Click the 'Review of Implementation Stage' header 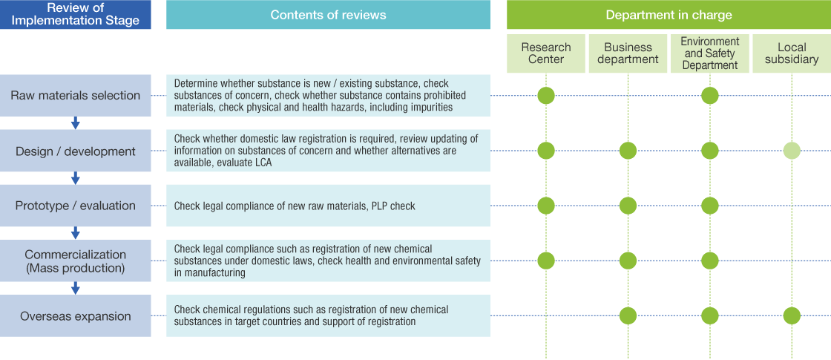point(75,14)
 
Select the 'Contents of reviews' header point(328,15)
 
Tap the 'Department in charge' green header point(669,15)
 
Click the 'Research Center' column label point(546,53)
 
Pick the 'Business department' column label point(628,53)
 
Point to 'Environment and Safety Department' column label point(710,53)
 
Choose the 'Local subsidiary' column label point(792,53)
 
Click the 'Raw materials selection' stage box point(75,95)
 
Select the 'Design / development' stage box point(75,151)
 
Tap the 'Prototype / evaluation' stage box point(75,206)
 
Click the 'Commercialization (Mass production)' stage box point(75,261)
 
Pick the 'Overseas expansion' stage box point(75,316)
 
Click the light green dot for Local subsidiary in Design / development point(792,151)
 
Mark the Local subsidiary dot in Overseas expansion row point(792,316)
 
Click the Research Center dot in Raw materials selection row point(546,95)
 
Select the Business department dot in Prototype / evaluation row point(628,206)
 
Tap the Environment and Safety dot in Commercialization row point(710,261)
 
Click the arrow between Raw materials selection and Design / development point(75,123)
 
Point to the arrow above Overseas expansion point(75,288)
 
